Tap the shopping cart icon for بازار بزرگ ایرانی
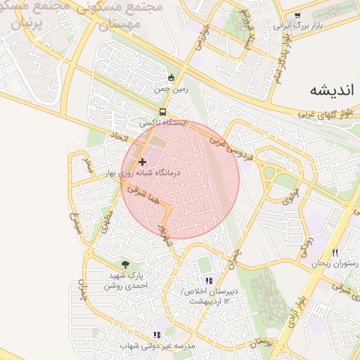tap(297, 15)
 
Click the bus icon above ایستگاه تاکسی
tap(163, 112)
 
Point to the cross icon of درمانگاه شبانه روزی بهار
tap(142, 162)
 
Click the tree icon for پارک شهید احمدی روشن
tap(125, 264)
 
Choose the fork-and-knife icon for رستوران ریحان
tap(335, 252)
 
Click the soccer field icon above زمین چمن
tap(170, 77)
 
